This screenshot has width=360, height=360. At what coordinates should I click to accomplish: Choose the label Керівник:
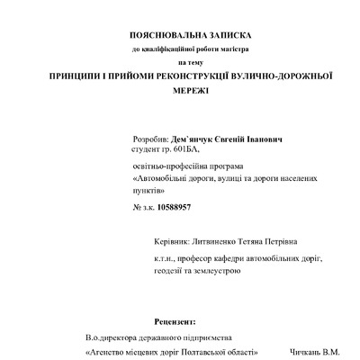pyautogui.click(x=172, y=242)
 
